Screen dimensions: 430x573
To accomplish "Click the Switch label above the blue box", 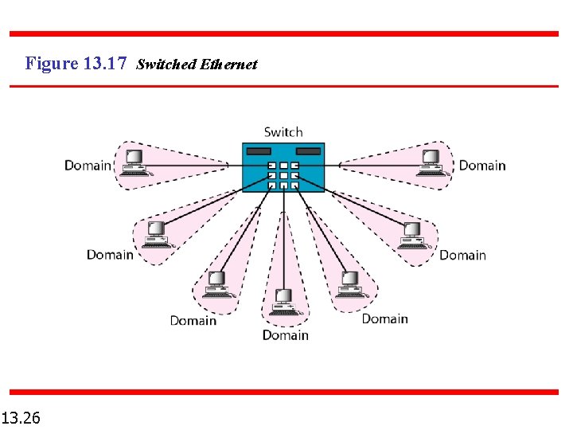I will tap(283, 132).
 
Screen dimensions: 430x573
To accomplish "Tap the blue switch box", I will tap(283, 168).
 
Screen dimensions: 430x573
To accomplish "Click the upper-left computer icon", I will tap(133, 160).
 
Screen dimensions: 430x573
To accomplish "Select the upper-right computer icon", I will tap(432, 161).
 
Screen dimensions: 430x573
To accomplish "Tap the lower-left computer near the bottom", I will tap(216, 284).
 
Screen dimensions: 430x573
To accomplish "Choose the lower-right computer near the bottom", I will tap(350, 284).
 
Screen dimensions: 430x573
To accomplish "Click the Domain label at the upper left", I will tap(88, 166).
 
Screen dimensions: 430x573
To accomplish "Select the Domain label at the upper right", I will tap(482, 166).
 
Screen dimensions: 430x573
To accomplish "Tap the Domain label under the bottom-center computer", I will tap(285, 335).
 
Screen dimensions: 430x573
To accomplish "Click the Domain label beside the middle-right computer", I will tap(462, 255).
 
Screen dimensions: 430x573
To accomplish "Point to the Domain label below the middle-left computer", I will tap(110, 255).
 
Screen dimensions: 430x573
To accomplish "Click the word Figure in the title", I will tap(51, 63).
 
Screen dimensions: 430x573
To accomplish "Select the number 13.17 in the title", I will tap(103, 63).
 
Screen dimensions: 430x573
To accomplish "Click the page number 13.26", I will tap(22, 417).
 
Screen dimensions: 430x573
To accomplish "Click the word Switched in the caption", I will tap(165, 64).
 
